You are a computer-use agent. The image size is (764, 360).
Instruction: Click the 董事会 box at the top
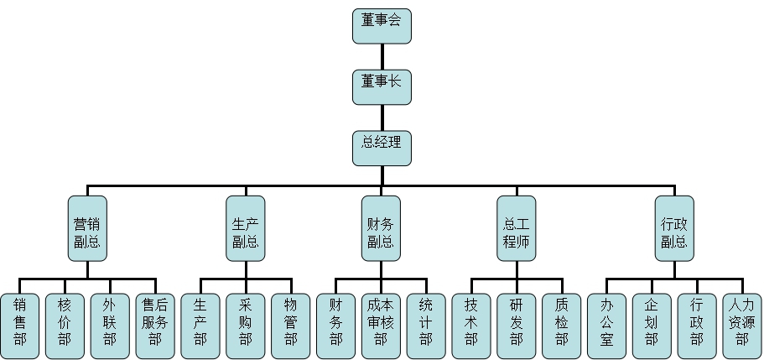[x=382, y=26]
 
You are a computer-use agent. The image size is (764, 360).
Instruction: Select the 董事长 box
[x=382, y=86]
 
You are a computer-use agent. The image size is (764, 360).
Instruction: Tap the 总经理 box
[x=382, y=147]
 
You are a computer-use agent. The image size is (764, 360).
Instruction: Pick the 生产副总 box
[x=246, y=229]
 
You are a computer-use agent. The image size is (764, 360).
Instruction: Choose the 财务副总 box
[x=382, y=229]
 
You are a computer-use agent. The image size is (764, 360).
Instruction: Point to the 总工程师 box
[x=517, y=229]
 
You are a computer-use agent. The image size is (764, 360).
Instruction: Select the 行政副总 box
[x=674, y=229]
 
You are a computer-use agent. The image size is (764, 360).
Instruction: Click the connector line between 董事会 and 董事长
[x=382, y=56]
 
